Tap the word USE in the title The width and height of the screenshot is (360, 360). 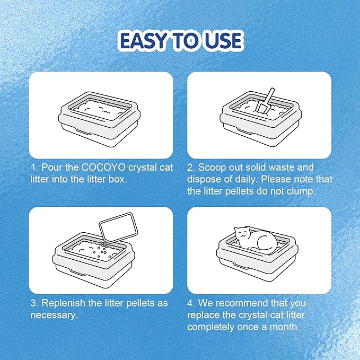click(x=222, y=41)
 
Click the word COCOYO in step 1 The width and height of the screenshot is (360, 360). click(x=103, y=168)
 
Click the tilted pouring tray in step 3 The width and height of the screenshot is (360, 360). click(x=119, y=227)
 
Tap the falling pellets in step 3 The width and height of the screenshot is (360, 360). click(x=103, y=250)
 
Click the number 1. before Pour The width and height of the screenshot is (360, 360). click(x=34, y=168)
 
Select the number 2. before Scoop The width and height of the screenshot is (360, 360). click(x=191, y=168)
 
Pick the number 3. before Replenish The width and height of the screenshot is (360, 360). click(x=34, y=303)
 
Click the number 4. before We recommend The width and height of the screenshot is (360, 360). click(x=191, y=303)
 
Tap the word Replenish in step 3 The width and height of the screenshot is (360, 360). click(x=64, y=304)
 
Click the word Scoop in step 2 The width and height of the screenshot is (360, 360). click(x=212, y=168)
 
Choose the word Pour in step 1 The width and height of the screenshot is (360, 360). click(x=52, y=168)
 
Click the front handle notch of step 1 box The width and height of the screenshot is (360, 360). click(x=84, y=132)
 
